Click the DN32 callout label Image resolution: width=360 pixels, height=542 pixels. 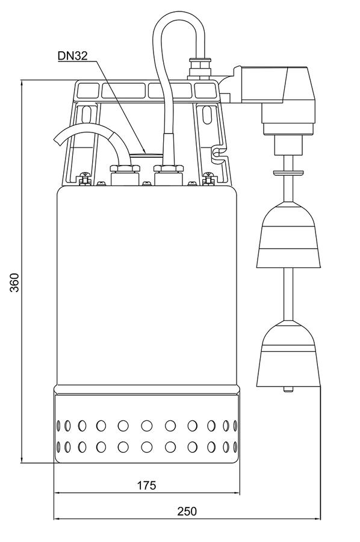point(73,55)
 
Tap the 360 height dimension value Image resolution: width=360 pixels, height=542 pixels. point(14,282)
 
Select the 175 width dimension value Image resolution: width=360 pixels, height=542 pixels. point(147,485)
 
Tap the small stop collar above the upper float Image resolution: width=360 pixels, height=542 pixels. point(288,172)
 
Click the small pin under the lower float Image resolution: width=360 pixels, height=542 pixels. point(288,389)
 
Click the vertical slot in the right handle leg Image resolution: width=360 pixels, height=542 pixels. point(206,116)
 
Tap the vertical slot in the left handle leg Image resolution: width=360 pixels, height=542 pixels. point(86,116)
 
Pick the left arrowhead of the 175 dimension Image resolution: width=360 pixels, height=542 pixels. point(58,493)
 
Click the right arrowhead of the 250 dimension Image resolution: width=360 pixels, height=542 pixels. point(317,519)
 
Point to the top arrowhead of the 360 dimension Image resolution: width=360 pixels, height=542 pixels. point(22,84)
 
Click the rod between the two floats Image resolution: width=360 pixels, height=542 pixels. point(288,294)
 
